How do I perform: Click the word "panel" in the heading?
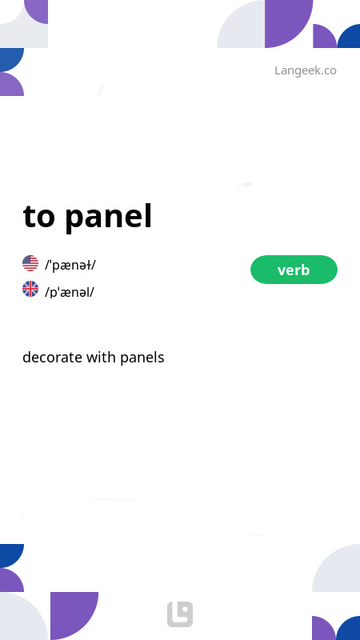coord(108,216)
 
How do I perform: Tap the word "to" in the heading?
coord(39,216)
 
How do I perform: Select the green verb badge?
coord(294,270)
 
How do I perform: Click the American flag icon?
coord(30,263)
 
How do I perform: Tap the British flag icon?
coord(30,290)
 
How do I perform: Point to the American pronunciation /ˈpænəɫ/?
coord(70,265)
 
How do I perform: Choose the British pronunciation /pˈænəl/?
coord(70,292)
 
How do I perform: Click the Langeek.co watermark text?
coord(305,70)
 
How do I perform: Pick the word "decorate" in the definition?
coord(52,358)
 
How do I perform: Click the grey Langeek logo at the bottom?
coord(180,614)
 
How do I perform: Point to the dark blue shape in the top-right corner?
coord(350,38)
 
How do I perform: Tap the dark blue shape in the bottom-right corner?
coord(350,630)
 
